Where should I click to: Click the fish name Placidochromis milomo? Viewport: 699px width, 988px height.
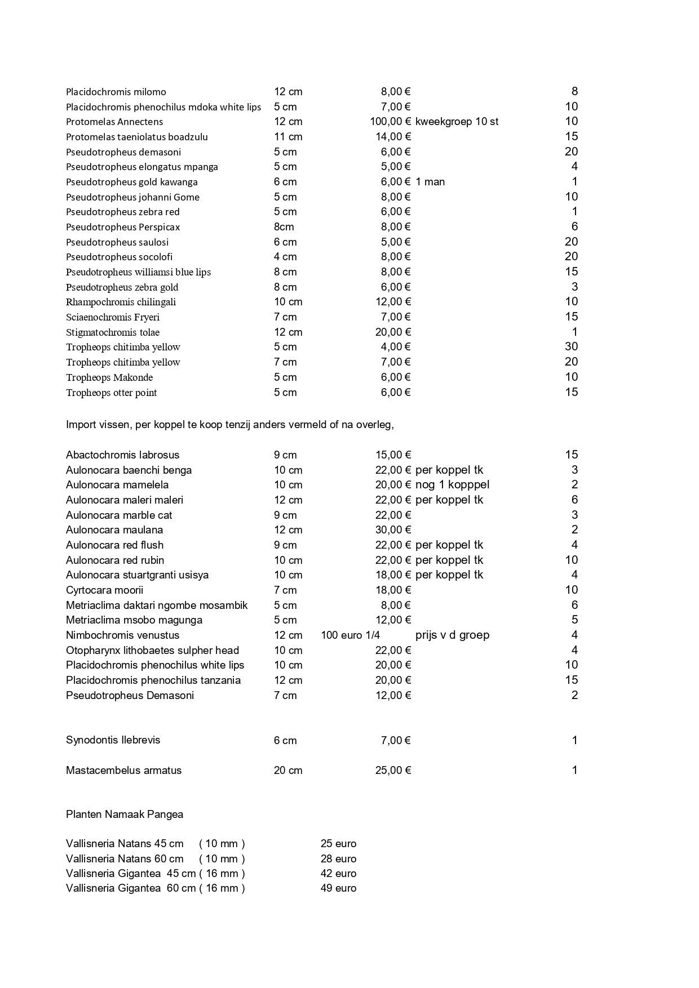(x=116, y=92)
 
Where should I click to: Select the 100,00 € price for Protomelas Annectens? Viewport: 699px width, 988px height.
(x=390, y=122)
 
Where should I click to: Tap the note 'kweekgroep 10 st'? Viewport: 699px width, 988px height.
(x=457, y=122)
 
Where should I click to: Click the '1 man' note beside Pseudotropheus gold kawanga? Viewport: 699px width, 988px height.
(x=430, y=182)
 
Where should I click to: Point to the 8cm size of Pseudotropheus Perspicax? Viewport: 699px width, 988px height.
(x=284, y=227)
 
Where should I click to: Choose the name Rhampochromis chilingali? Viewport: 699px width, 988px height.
(x=121, y=302)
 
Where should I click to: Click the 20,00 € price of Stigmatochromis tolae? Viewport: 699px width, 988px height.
(x=393, y=332)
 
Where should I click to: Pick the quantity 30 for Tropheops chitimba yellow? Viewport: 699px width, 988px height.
(x=571, y=347)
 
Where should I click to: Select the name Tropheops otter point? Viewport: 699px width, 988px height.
(x=111, y=393)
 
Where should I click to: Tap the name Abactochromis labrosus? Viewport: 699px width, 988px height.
(x=122, y=455)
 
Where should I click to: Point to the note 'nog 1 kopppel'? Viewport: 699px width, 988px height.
(x=452, y=485)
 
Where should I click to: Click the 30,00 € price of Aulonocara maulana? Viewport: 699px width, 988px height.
(x=393, y=530)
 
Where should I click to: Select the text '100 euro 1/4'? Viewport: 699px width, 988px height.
(x=350, y=635)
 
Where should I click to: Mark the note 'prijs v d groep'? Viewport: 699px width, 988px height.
(x=452, y=635)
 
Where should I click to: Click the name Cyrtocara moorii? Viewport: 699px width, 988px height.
(x=104, y=590)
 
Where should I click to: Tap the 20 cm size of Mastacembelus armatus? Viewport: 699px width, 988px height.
(x=288, y=771)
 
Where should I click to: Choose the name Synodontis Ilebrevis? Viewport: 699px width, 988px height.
(x=113, y=740)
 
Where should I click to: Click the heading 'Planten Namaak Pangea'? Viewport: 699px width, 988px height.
(x=124, y=815)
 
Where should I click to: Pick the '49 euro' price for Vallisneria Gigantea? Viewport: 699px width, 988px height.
(x=338, y=888)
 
